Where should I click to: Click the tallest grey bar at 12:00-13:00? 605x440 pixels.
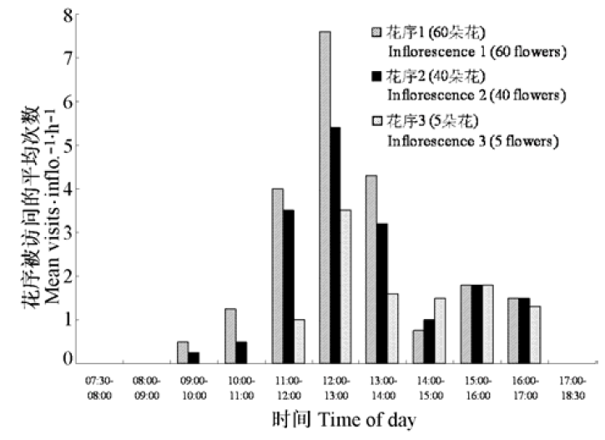324,198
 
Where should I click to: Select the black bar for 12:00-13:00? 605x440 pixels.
336,245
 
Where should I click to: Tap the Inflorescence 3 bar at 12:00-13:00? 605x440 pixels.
346,286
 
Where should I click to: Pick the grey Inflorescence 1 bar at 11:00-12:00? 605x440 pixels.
278,276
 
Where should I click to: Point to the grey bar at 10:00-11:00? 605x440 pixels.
230,336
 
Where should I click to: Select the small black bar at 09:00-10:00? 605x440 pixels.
194,358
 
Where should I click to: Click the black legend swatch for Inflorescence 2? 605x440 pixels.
377,77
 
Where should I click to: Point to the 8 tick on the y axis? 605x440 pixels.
67,15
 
